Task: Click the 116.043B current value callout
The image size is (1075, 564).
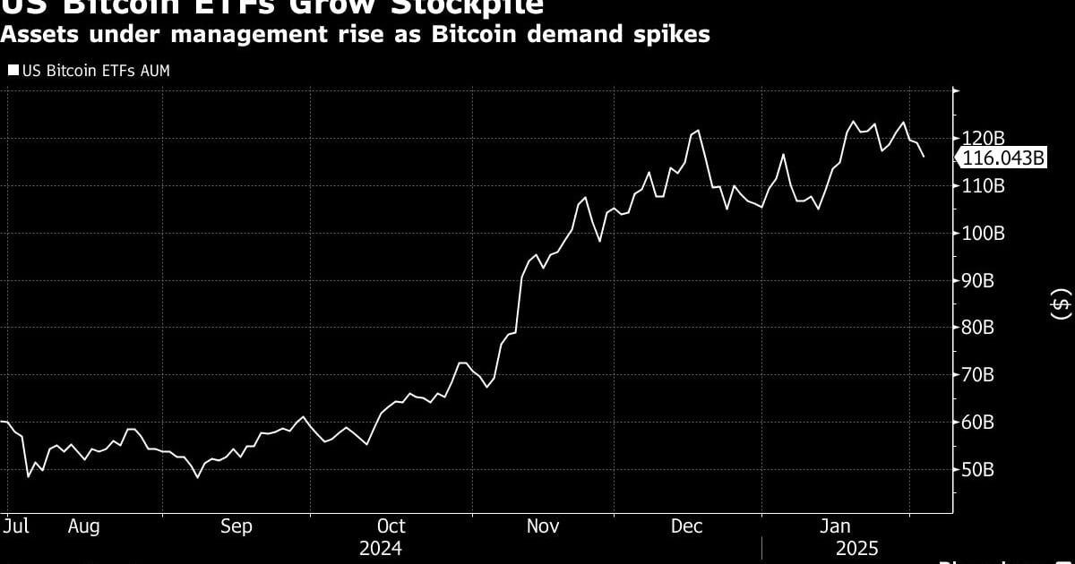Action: [x=1003, y=158]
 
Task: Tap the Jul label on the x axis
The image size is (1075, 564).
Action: [x=16, y=526]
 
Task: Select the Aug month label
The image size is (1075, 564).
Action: [x=83, y=526]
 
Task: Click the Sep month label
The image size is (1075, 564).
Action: [x=236, y=526]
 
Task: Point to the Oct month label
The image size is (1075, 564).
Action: [x=391, y=526]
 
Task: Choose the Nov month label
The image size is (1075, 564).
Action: [x=543, y=526]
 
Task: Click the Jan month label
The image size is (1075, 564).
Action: [x=835, y=526]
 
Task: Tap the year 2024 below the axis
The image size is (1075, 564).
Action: [x=381, y=548]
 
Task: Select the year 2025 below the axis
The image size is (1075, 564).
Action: [x=856, y=548]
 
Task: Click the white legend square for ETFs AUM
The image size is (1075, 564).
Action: [x=13, y=71]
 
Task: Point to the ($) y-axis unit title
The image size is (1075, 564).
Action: [x=1061, y=303]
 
